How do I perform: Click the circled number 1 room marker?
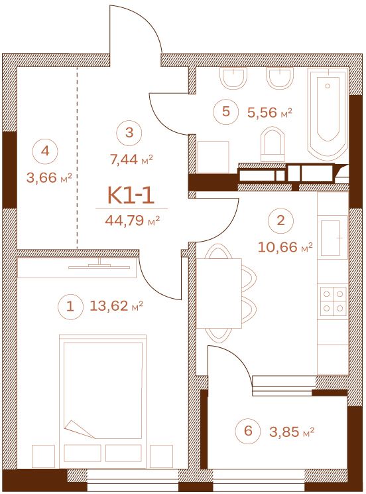coord(70,306)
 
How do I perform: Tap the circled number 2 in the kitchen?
coord(280,220)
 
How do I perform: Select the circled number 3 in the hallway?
coord(129,133)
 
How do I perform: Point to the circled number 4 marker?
coord(45,151)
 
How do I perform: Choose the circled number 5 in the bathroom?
coord(226,112)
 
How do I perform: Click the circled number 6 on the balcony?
coord(248,430)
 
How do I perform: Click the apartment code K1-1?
coord(131,195)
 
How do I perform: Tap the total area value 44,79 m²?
coord(132,220)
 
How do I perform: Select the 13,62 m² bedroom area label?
coord(117,305)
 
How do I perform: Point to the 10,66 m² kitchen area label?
coord(285,247)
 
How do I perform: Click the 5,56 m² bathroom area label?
coord(270,112)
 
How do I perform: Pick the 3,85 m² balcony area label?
coord(292,432)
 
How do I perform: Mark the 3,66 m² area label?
coord(50,178)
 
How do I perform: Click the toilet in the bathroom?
coord(273,143)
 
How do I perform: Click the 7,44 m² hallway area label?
coord(131,160)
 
